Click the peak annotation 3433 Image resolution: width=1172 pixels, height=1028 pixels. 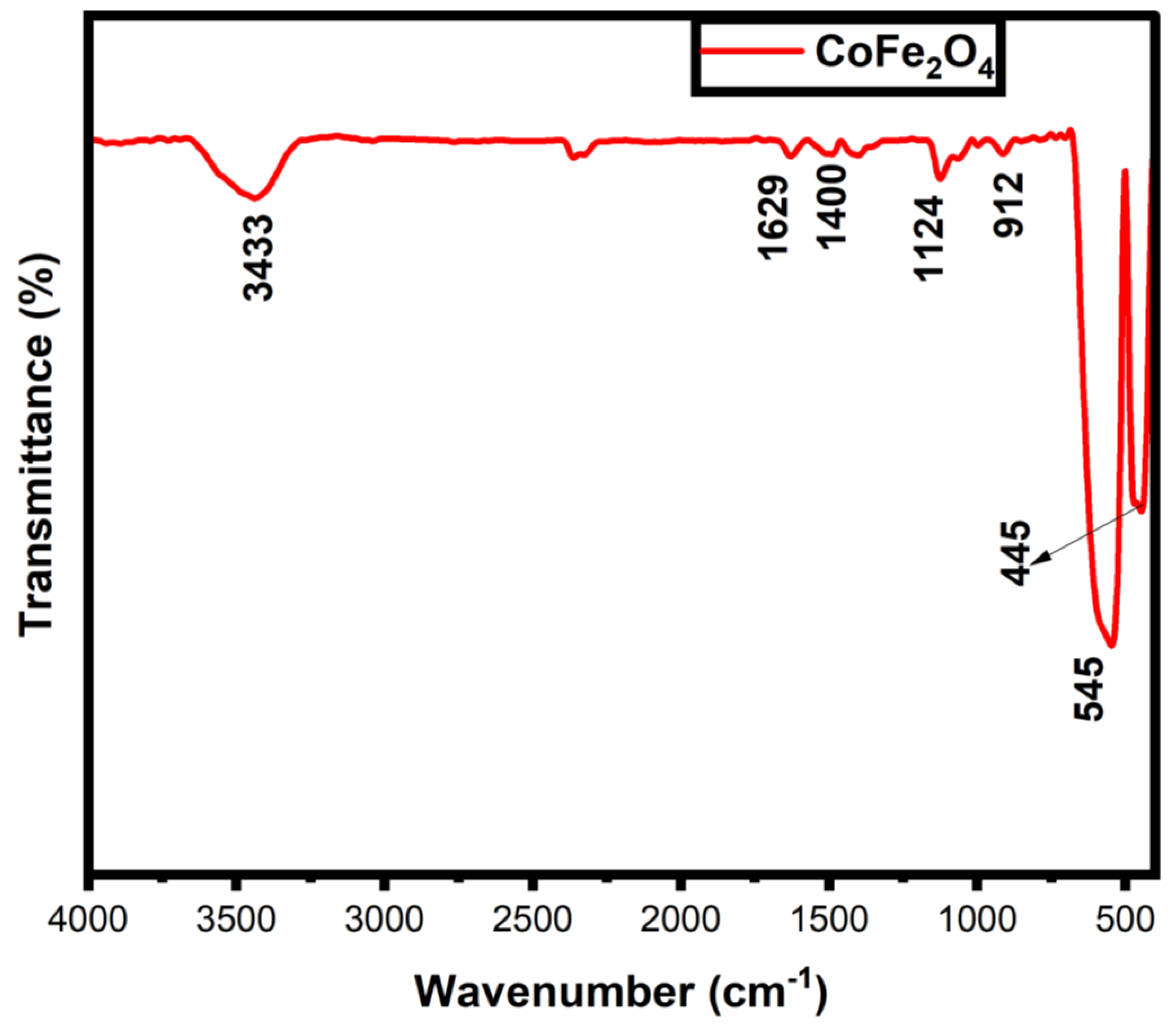tap(259, 258)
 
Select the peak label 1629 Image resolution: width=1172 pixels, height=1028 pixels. tap(775, 218)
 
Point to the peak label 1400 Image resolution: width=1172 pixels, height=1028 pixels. tap(832, 208)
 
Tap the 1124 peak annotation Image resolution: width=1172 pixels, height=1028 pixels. tap(929, 238)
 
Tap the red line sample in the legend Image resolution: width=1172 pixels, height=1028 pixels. tap(751, 50)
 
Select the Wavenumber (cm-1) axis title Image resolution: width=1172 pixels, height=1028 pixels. tap(622, 992)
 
